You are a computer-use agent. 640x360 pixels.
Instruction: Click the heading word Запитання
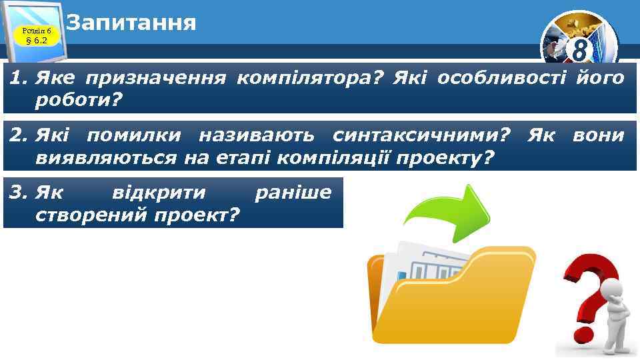132,23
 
